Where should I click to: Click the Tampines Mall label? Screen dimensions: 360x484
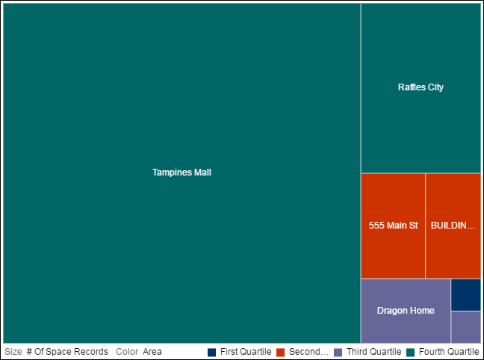coord(181,173)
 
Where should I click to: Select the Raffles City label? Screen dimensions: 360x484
coord(421,87)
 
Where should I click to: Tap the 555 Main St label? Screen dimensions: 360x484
coord(393,225)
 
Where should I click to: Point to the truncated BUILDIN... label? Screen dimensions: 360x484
coord(453,225)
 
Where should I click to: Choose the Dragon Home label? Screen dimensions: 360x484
coord(406,311)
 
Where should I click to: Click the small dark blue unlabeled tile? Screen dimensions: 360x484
coord(465,294)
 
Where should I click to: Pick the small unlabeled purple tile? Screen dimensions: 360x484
coord(465,326)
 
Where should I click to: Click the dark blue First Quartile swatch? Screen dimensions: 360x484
coord(212,352)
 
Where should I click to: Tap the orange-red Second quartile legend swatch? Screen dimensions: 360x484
coord(281,352)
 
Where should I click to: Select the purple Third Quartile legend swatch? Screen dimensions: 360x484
coord(338,352)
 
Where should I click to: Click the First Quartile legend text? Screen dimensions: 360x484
coord(246,352)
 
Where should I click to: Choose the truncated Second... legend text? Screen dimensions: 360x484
coord(308,352)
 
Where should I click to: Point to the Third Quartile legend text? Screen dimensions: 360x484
coord(374,352)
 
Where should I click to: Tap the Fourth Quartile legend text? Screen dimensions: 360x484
coord(449,352)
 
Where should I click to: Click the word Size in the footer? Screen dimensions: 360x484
coord(13,352)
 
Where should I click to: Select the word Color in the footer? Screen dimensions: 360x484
coord(127,352)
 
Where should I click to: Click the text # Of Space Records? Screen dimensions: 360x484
coord(67,352)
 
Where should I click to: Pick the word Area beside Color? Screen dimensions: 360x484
coord(152,352)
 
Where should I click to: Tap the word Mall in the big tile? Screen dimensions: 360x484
coord(202,173)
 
